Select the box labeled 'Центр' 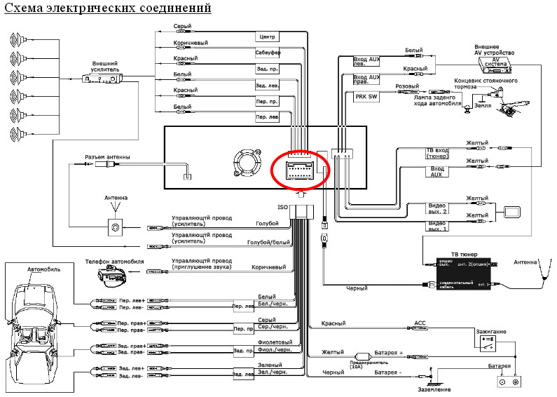click(x=266, y=36)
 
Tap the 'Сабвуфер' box click(x=266, y=53)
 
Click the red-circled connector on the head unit click(x=300, y=168)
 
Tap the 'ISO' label click(x=283, y=208)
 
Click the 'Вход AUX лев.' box click(x=366, y=61)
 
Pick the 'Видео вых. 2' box click(x=437, y=208)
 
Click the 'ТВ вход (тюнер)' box click(x=437, y=154)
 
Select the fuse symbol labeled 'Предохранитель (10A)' click(x=363, y=355)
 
